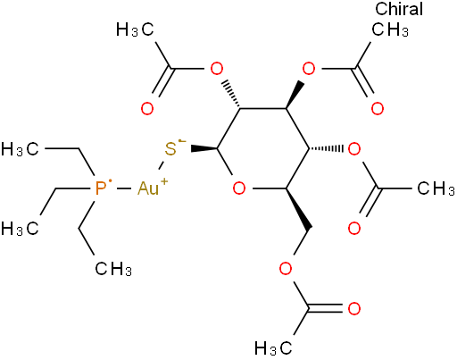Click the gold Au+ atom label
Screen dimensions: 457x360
[153, 188]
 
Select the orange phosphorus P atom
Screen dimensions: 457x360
[101, 188]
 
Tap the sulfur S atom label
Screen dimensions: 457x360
[170, 149]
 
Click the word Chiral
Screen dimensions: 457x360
[399, 9]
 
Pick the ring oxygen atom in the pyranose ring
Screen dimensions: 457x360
[239, 188]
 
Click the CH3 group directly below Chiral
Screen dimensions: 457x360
[390, 29]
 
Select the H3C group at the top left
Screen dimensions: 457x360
[135, 29]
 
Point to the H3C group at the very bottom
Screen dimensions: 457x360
[273, 348]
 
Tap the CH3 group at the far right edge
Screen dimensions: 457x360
[436, 188]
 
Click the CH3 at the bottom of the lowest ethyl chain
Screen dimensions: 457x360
[113, 269]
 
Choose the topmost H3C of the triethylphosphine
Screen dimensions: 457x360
[20, 148]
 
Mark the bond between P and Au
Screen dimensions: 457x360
[124, 188]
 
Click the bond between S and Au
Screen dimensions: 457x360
[162, 166]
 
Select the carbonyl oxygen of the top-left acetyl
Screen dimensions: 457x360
[147, 109]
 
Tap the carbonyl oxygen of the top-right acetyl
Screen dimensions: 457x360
[378, 109]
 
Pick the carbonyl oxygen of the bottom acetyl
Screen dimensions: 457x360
[354, 308]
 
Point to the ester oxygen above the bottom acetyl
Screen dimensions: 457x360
[286, 269]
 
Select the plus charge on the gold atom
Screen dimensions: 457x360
[164, 181]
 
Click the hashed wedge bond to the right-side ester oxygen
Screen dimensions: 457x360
[327, 148]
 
